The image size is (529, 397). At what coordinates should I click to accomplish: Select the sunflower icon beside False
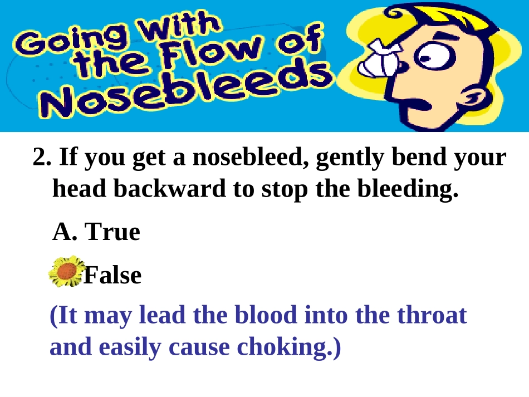66,272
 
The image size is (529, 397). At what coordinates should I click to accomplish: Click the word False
112,275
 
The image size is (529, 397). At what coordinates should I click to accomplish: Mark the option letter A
63,232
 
